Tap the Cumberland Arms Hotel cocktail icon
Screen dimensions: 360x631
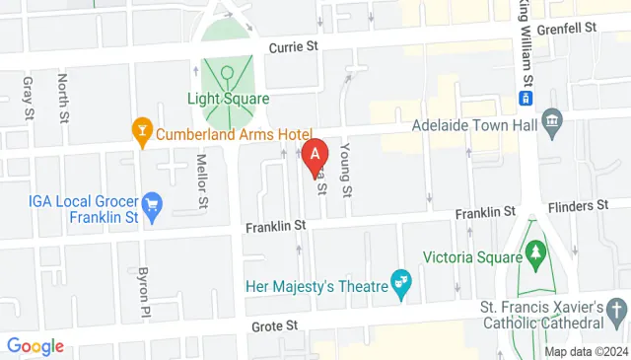[142, 130]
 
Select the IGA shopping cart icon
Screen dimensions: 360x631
[152, 206]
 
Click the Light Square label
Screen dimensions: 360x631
[229, 98]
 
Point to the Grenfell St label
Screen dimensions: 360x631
[569, 30]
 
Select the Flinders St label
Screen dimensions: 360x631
[598, 205]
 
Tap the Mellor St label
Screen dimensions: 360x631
[203, 180]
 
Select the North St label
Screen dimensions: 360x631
[62, 94]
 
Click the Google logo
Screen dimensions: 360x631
[35, 345]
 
